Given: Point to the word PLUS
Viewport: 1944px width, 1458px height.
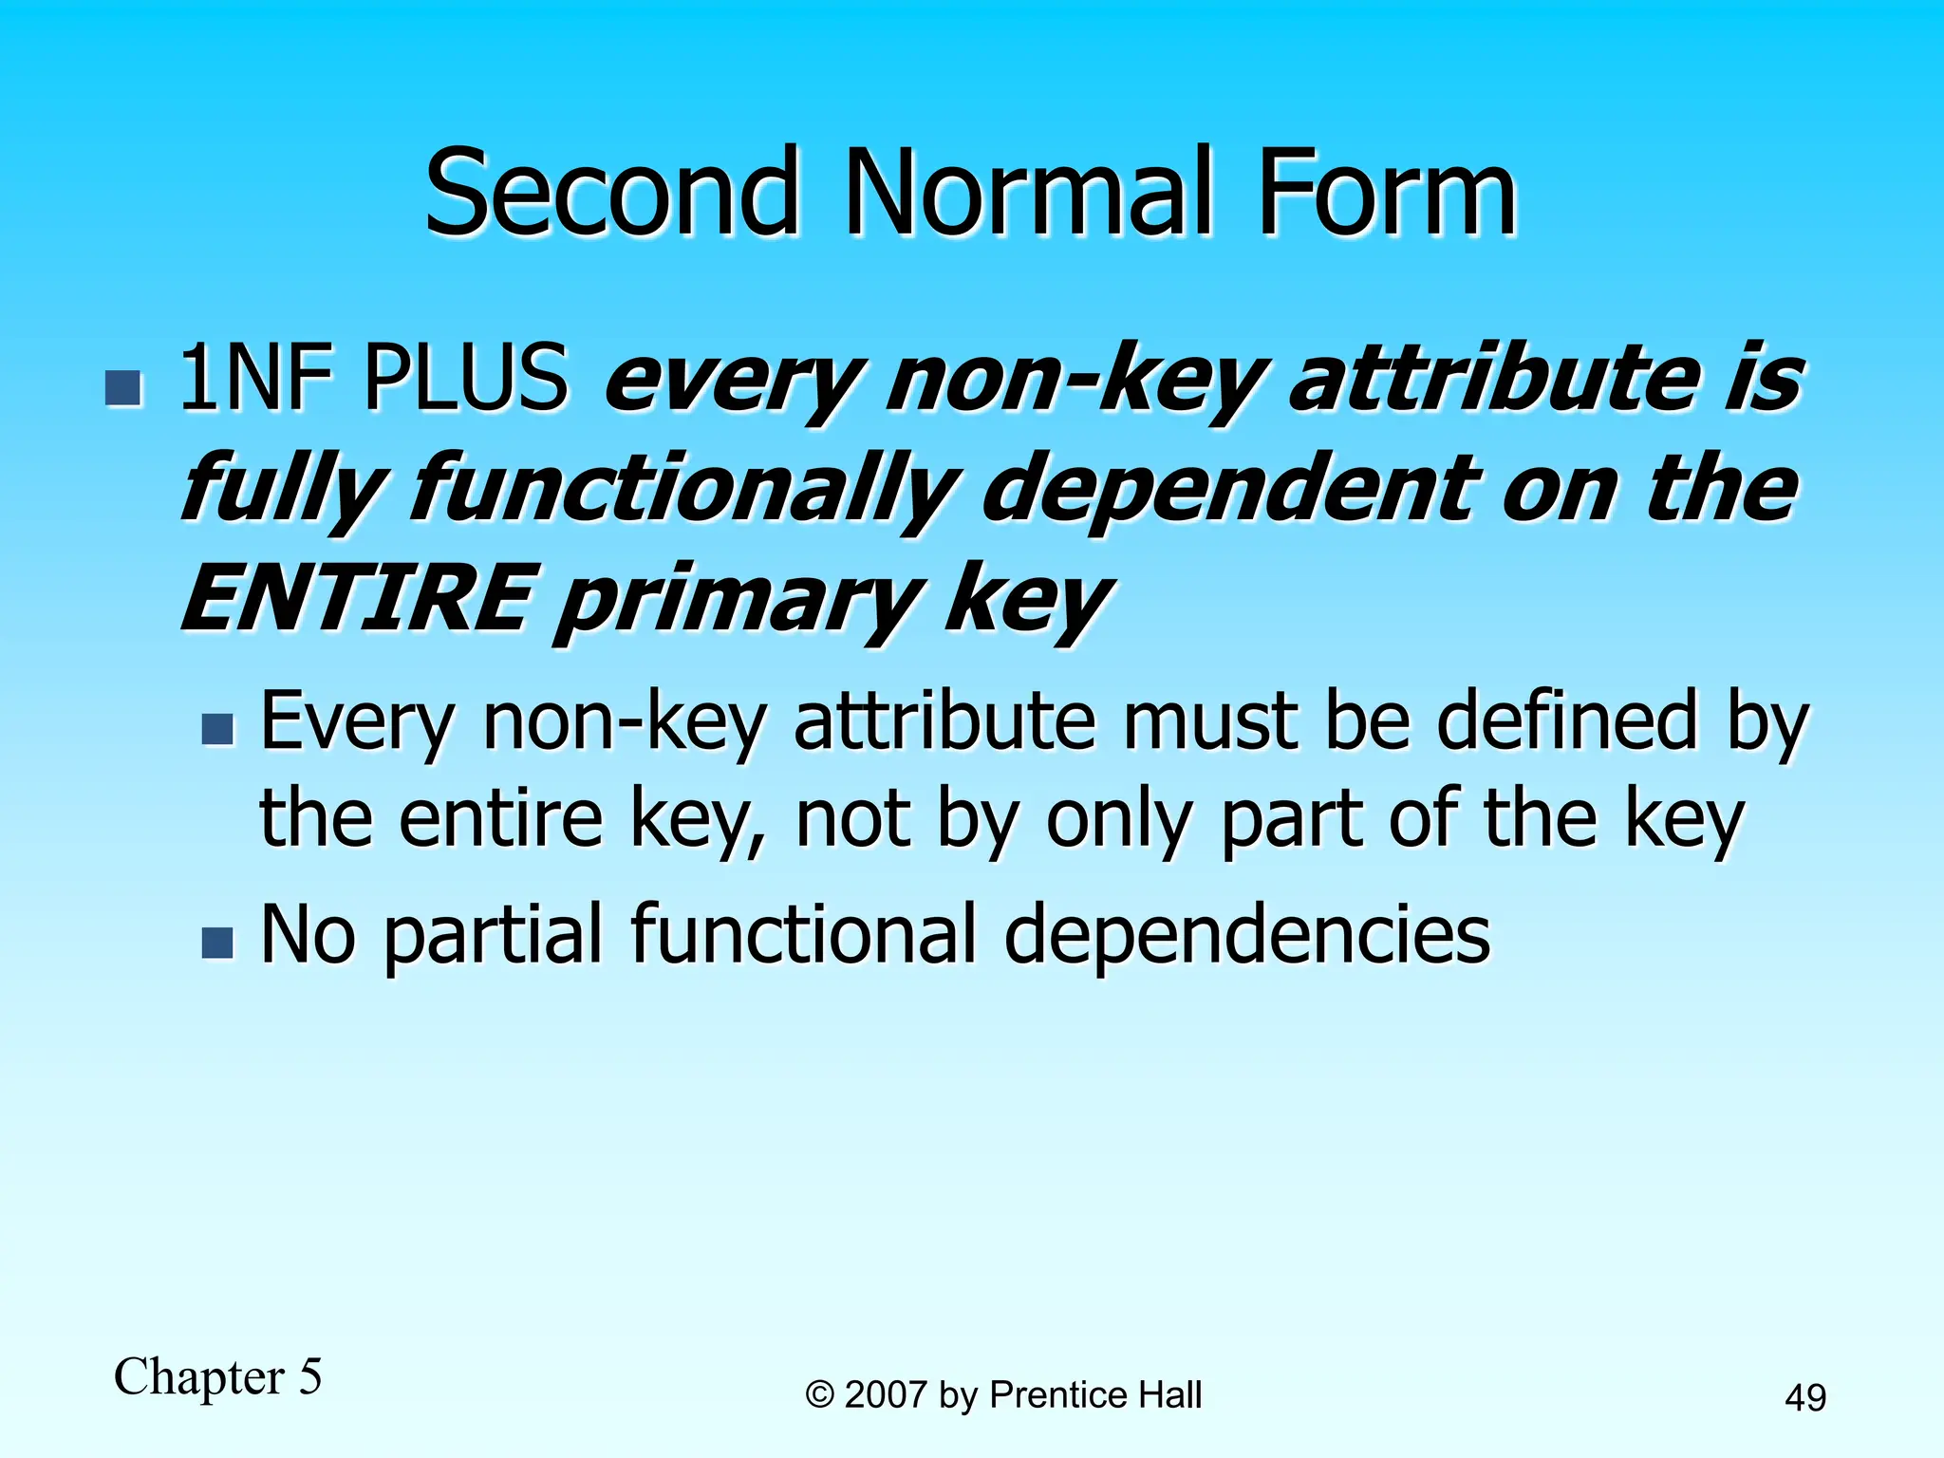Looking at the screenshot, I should [467, 380].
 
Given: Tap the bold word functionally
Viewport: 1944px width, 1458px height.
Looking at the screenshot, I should [682, 492].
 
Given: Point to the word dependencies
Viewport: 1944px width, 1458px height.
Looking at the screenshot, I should [1246, 935].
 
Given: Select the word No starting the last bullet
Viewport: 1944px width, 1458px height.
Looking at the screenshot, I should [308, 935].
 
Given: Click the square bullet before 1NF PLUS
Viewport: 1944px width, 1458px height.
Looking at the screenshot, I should [123, 388].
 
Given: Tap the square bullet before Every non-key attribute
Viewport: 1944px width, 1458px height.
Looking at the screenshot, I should [217, 729].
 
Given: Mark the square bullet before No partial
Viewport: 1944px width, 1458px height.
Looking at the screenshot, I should [217, 943].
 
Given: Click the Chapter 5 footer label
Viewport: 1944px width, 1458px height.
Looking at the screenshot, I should [218, 1376].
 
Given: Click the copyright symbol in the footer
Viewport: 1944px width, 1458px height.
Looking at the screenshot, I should [819, 1395].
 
